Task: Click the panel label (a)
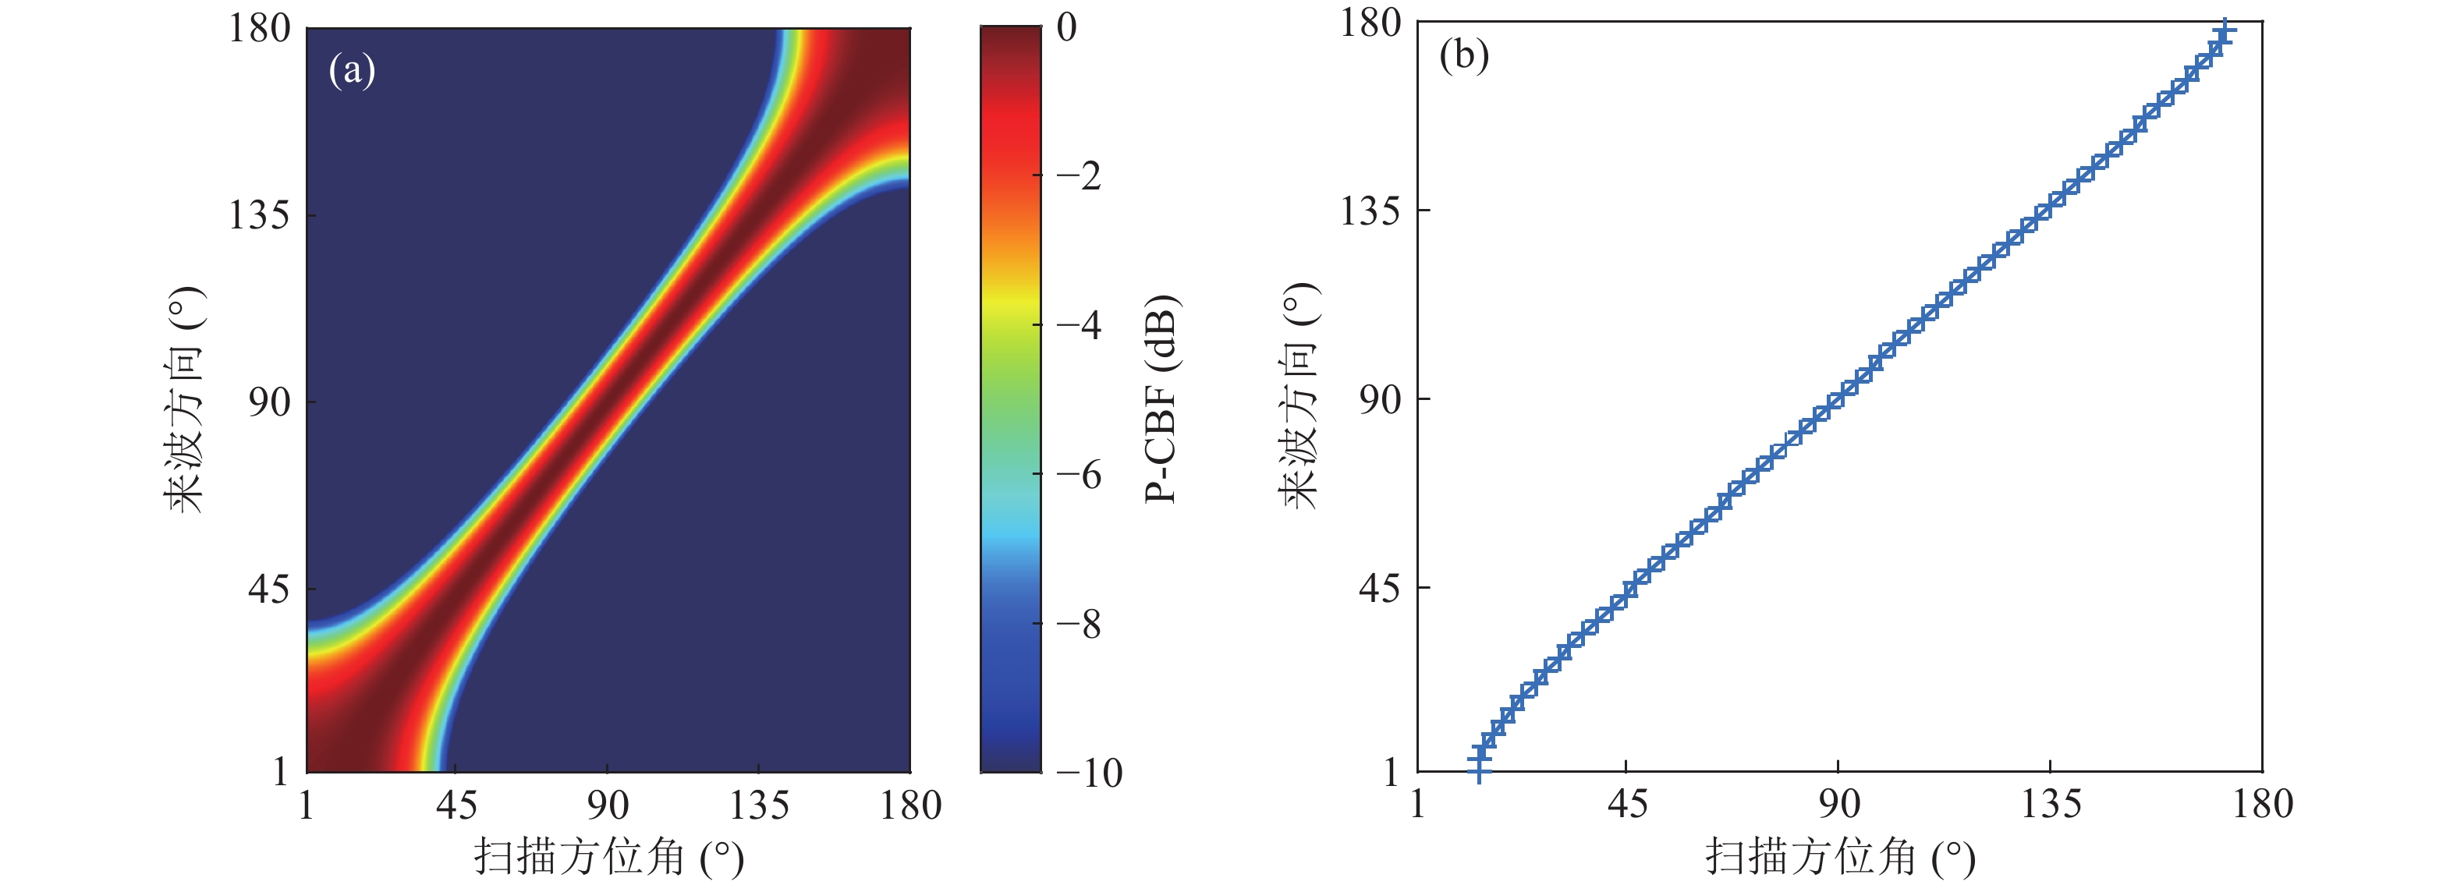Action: (x=352, y=71)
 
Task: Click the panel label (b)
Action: (x=1463, y=56)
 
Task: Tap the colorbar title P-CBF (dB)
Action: (x=1161, y=398)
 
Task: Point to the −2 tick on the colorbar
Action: (x=1079, y=176)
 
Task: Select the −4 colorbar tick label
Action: (x=1079, y=325)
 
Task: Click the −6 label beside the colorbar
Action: (x=1079, y=474)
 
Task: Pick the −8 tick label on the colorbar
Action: (x=1079, y=624)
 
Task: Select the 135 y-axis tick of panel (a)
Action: (x=260, y=215)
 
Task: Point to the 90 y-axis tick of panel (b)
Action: (x=1379, y=399)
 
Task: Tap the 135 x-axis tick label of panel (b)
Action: (x=2051, y=805)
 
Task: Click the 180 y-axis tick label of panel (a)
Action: (x=260, y=29)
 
